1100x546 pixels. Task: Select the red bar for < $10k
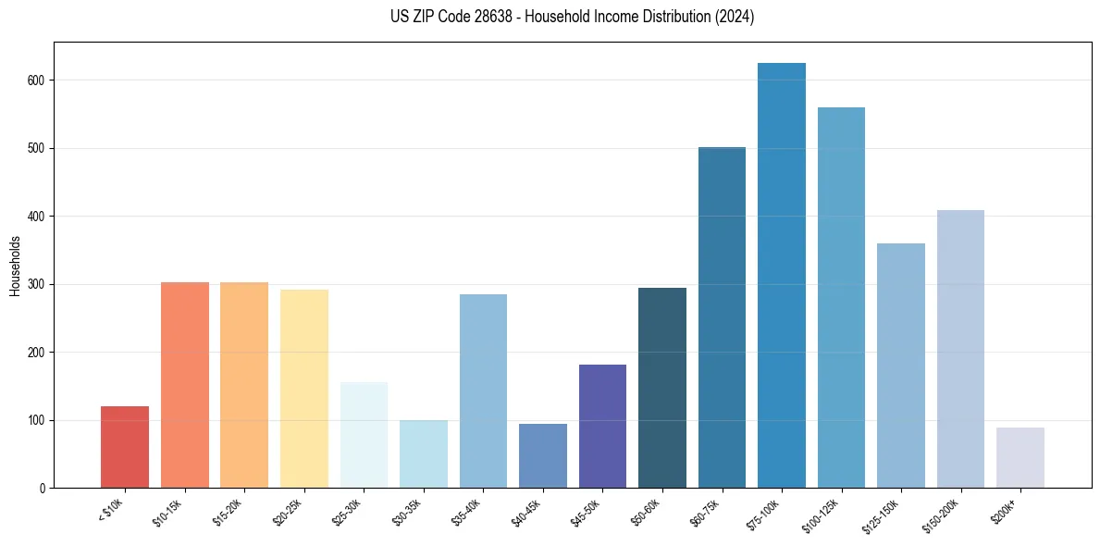[x=125, y=447]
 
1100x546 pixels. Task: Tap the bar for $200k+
[x=1020, y=457]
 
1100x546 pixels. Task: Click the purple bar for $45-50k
[x=602, y=426]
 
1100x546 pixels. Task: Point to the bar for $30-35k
[x=423, y=453]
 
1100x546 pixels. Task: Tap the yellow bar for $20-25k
[x=303, y=389]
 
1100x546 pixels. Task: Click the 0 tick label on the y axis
[x=43, y=488]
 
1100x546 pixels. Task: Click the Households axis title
[x=15, y=266]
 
